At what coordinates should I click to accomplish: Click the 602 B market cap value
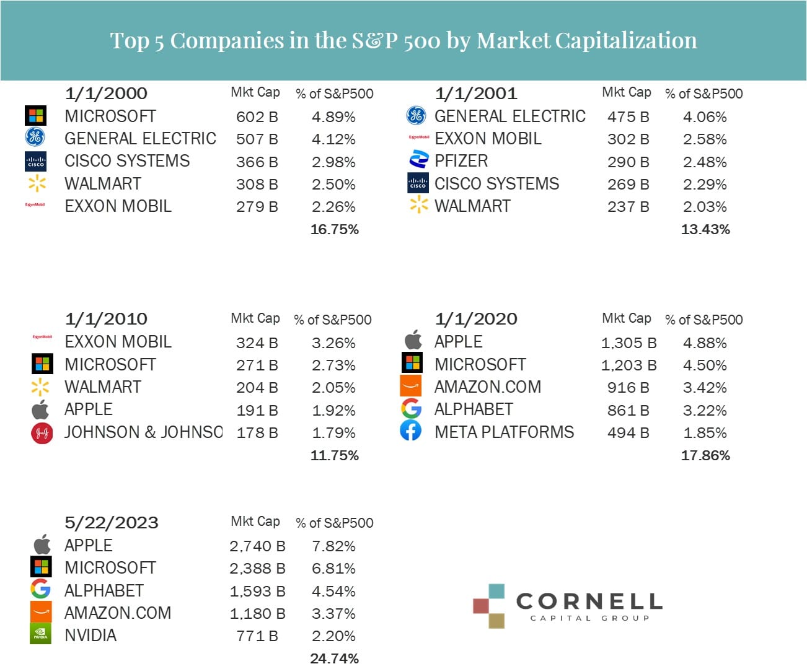pyautogui.click(x=257, y=117)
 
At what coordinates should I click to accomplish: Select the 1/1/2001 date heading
pyautogui.click(x=476, y=94)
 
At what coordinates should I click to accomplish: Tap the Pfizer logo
pyautogui.click(x=418, y=160)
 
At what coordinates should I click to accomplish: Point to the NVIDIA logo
pyautogui.click(x=41, y=634)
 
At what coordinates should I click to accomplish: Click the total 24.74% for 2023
pyautogui.click(x=334, y=658)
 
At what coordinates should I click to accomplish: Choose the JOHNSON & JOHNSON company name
pyautogui.click(x=143, y=432)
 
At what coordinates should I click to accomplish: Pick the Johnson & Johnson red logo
pyautogui.click(x=42, y=433)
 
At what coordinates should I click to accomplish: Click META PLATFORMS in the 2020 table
pyautogui.click(x=504, y=432)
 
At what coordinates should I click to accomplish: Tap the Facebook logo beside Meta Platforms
pyautogui.click(x=411, y=431)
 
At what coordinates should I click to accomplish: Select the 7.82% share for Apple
pyautogui.click(x=333, y=546)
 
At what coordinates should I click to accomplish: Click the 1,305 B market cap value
pyautogui.click(x=628, y=343)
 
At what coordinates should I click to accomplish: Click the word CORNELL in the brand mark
pyautogui.click(x=589, y=601)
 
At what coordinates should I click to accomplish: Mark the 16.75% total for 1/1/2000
pyautogui.click(x=334, y=230)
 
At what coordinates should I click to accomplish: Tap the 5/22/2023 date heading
pyautogui.click(x=112, y=523)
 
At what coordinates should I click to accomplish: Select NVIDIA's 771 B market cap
pyautogui.click(x=257, y=636)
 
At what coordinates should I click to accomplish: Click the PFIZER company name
pyautogui.click(x=461, y=161)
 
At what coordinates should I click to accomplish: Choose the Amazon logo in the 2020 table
pyautogui.click(x=411, y=386)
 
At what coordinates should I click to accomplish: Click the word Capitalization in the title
pyautogui.click(x=626, y=41)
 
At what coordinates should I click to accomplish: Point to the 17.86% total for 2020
pyautogui.click(x=705, y=456)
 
